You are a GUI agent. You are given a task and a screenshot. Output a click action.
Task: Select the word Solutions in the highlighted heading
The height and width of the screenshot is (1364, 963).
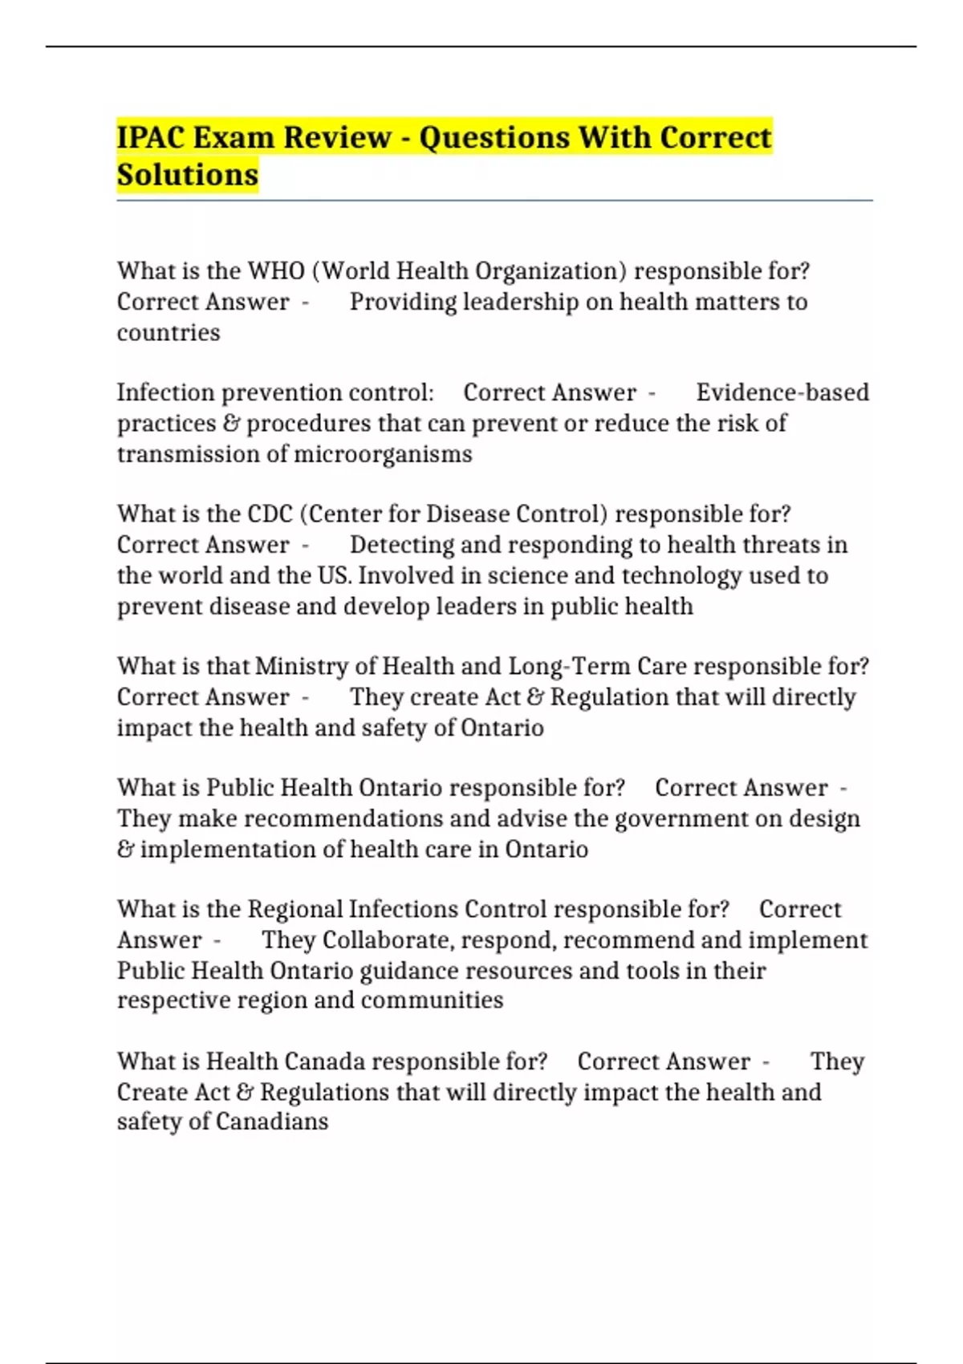tap(188, 174)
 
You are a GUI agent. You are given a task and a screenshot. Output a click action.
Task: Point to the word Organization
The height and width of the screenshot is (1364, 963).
tap(551, 271)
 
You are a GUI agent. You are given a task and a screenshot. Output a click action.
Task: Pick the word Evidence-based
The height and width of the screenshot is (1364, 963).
tap(782, 392)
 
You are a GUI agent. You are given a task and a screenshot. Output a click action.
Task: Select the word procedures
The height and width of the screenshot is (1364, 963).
tap(308, 424)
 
